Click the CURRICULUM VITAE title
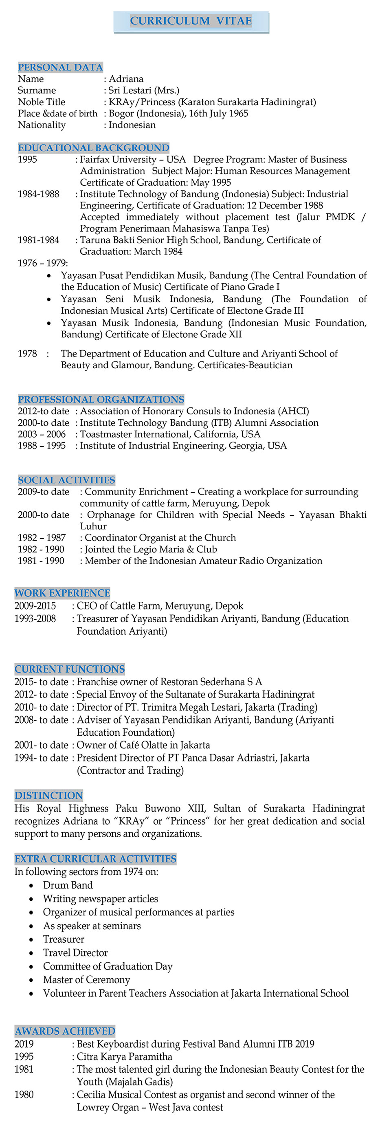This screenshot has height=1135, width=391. coord(191,21)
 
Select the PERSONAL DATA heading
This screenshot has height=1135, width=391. coord(60,67)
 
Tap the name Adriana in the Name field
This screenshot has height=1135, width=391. coord(126,79)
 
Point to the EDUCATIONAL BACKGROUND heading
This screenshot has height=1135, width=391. coord(93,147)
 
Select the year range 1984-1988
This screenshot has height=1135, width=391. coord(38,194)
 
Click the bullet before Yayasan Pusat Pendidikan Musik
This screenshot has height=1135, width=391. coord(49,276)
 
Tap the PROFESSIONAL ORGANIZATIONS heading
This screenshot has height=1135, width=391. coord(101,399)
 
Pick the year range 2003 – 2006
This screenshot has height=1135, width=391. coord(42,434)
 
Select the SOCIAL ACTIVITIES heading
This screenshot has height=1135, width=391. coord(66,480)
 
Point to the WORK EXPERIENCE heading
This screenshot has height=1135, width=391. coord(62,593)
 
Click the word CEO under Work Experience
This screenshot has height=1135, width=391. coord(86,606)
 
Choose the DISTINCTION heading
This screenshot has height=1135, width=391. coord(48,795)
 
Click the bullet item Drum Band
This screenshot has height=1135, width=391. coord(68,885)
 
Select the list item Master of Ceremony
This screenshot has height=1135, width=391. coord(87,980)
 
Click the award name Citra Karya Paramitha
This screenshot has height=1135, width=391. coord(125,1056)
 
